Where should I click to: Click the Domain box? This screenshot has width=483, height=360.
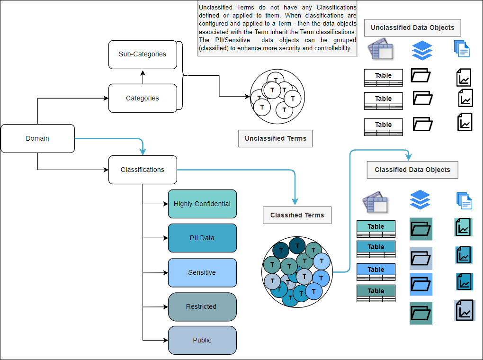pyautogui.click(x=37, y=139)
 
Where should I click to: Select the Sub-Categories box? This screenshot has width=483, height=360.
pyautogui.click(x=143, y=54)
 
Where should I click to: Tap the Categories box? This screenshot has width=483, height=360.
pyautogui.click(x=143, y=99)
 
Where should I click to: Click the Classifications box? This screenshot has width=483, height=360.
pyautogui.click(x=143, y=170)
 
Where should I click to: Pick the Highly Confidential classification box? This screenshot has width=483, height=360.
pyautogui.click(x=202, y=204)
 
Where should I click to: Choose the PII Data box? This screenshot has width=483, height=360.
pyautogui.click(x=202, y=238)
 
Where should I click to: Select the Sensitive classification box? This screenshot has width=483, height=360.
pyautogui.click(x=202, y=273)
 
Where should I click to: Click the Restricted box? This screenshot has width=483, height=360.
pyautogui.click(x=202, y=307)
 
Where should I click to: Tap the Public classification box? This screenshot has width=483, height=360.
pyautogui.click(x=202, y=341)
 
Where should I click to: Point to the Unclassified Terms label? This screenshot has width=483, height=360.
pyautogui.click(x=276, y=139)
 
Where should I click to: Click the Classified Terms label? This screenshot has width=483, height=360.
pyautogui.click(x=297, y=215)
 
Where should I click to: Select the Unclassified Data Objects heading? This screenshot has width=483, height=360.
pyautogui.click(x=412, y=27)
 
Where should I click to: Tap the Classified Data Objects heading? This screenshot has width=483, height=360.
pyautogui.click(x=412, y=170)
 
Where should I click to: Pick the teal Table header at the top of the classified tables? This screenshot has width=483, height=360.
pyautogui.click(x=376, y=226)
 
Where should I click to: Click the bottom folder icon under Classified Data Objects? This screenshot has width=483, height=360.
pyautogui.click(x=421, y=313)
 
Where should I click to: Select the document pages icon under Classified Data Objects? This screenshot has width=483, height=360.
pyautogui.click(x=464, y=200)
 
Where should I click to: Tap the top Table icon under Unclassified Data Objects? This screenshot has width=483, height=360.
pyautogui.click(x=383, y=76)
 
